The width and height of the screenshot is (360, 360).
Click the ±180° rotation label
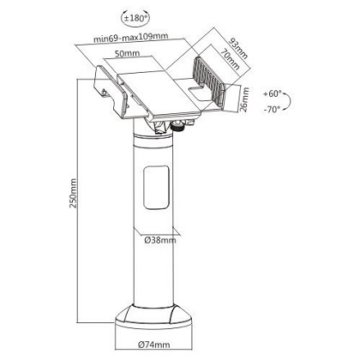[135, 19]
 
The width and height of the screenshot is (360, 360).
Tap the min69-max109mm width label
[131, 38]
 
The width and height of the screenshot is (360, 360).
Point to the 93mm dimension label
[238, 48]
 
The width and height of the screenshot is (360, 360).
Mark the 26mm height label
[245, 99]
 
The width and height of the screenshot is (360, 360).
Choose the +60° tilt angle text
[273, 93]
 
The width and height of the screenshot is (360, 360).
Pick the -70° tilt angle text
[272, 109]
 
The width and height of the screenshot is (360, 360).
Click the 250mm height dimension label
[73, 193]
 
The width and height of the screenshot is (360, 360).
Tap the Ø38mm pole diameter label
[159, 240]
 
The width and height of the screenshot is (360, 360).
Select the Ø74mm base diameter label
[153, 345]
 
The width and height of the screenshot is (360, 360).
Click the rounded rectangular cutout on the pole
[156, 187]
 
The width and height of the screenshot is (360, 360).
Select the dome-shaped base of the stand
[153, 316]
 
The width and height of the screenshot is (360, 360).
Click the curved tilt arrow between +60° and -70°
[288, 101]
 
